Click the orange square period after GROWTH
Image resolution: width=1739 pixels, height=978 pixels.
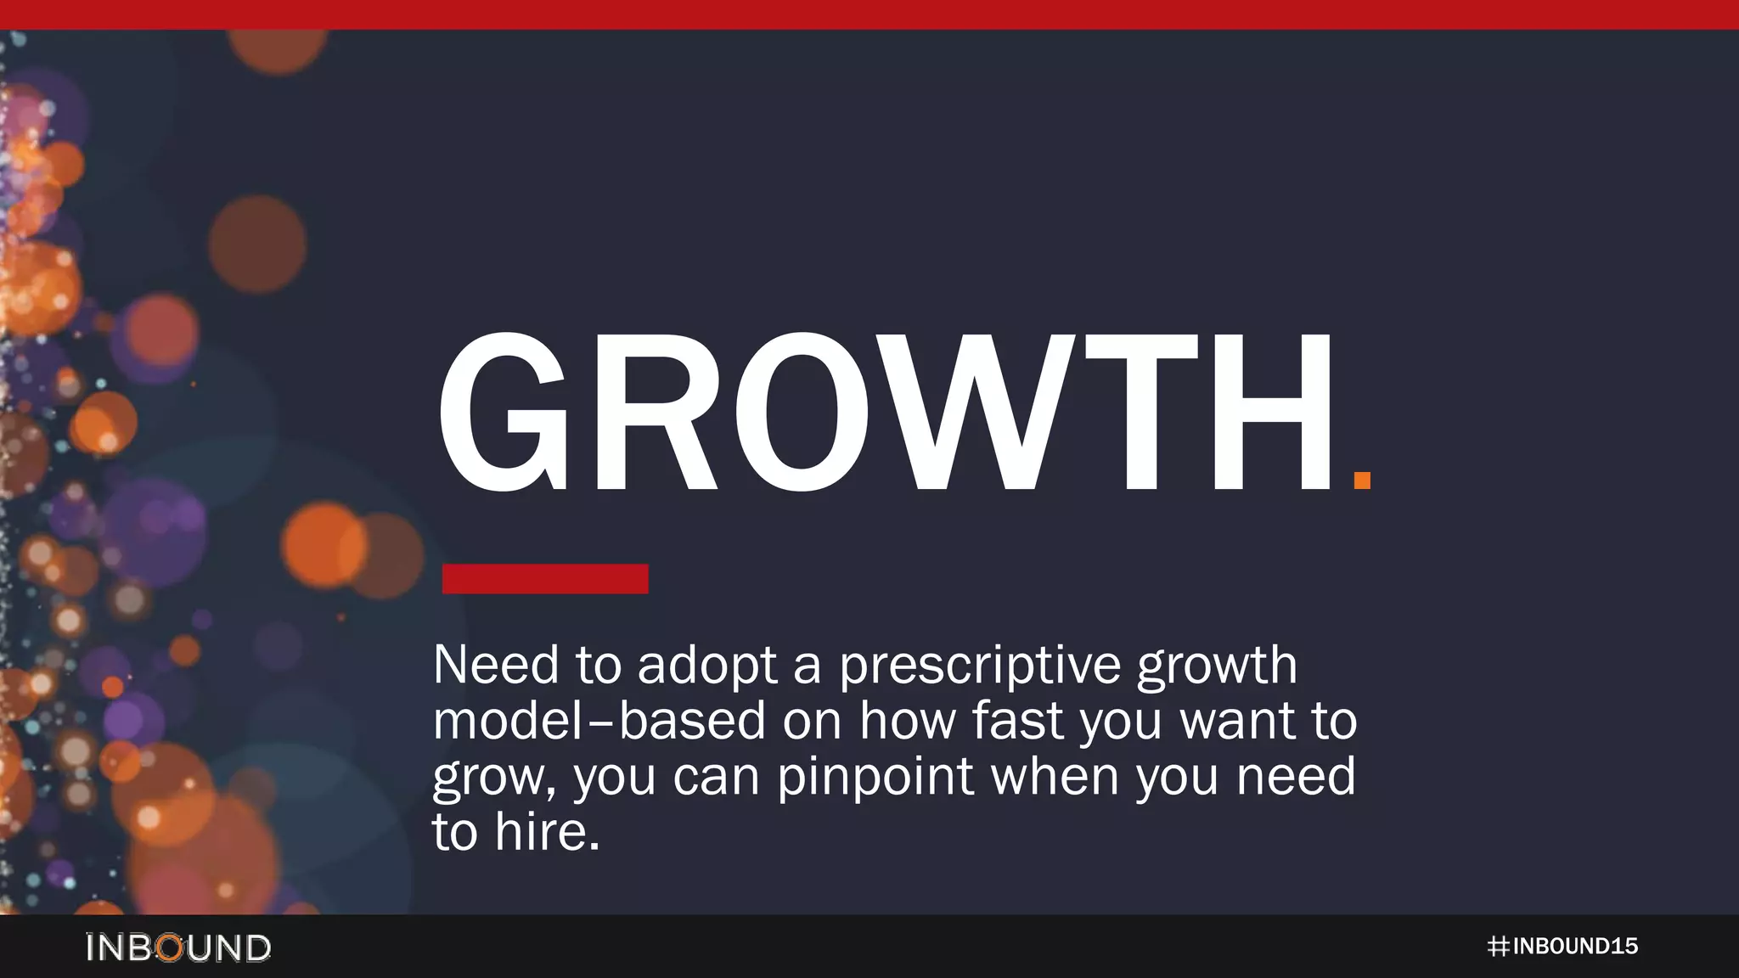1362,481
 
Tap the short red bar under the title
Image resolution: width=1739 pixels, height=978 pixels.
545,579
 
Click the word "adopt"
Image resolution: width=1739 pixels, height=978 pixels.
707,666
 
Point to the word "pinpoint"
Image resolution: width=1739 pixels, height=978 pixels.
875,777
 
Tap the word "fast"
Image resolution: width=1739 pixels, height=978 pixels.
1017,721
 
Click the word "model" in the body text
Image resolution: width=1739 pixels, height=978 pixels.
507,721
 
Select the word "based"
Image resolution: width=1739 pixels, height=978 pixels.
692,721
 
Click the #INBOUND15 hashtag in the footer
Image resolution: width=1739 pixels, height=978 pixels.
1562,947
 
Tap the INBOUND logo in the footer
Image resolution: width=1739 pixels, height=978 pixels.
178,947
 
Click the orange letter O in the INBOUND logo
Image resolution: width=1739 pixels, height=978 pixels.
171,947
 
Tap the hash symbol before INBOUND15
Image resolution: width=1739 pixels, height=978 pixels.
1498,947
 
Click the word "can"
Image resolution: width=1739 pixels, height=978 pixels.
716,777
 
